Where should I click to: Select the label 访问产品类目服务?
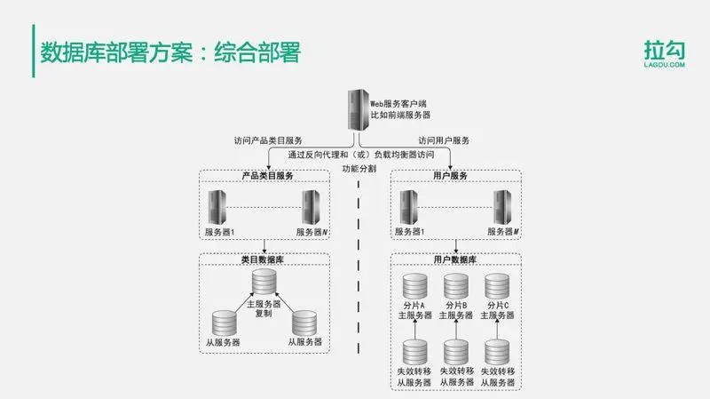pos(268,140)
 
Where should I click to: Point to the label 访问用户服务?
pos(444,140)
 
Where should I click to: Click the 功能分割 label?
pos(359,168)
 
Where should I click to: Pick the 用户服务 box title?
pos(455,176)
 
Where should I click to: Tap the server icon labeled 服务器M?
pos(502,208)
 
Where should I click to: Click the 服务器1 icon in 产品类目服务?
pos(217,208)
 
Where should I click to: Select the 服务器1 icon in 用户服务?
pos(408,208)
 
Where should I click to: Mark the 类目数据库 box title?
pos(264,259)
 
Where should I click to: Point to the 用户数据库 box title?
pos(455,259)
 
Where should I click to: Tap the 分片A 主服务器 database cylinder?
pos(413,287)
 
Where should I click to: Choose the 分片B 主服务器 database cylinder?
pos(455,287)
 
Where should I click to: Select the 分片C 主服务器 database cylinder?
pos(497,287)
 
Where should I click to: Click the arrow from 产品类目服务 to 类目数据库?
pos(264,246)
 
